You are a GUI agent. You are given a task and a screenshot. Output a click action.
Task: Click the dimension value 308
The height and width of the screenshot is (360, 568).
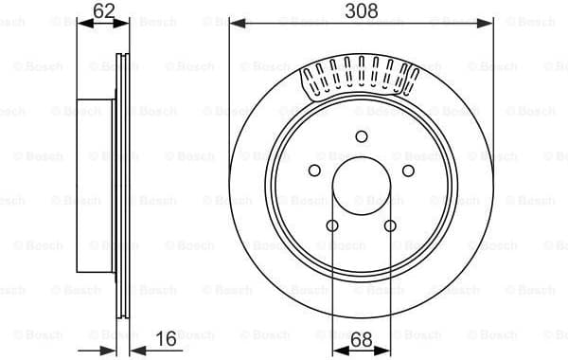tap(362, 10)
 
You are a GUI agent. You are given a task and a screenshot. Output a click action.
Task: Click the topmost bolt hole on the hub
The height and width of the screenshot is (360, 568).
tap(362, 136)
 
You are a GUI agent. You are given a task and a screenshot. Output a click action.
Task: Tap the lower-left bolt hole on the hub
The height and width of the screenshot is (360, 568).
tap(332, 225)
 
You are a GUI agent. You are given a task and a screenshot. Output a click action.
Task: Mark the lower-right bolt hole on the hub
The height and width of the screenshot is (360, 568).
tap(390, 225)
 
